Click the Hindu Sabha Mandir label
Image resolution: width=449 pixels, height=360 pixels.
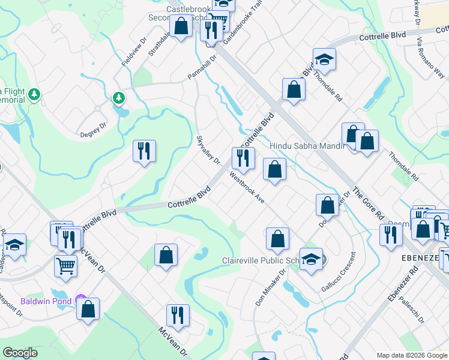(x=307, y=146)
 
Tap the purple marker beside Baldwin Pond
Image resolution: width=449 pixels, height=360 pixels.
(x=81, y=301)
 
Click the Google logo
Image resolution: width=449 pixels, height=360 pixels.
(x=20, y=353)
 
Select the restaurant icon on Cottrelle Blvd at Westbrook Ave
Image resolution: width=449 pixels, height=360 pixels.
(x=243, y=158)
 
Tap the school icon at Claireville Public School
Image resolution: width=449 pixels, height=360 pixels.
(x=311, y=260)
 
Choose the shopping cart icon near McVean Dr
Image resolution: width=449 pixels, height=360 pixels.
(x=65, y=266)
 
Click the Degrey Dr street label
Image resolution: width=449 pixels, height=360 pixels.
(x=93, y=131)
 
